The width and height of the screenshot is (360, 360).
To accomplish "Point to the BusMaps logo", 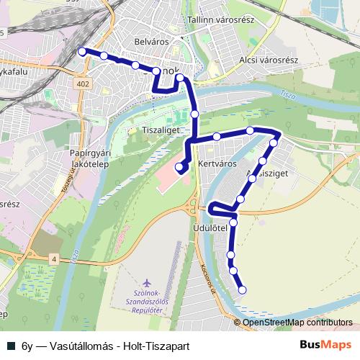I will [x=325, y=345].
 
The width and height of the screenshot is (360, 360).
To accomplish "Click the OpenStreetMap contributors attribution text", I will [x=298, y=322].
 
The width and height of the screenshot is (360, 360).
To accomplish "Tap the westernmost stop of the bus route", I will [x=81, y=51].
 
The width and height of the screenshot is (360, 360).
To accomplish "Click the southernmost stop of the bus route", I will [x=242, y=290].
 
